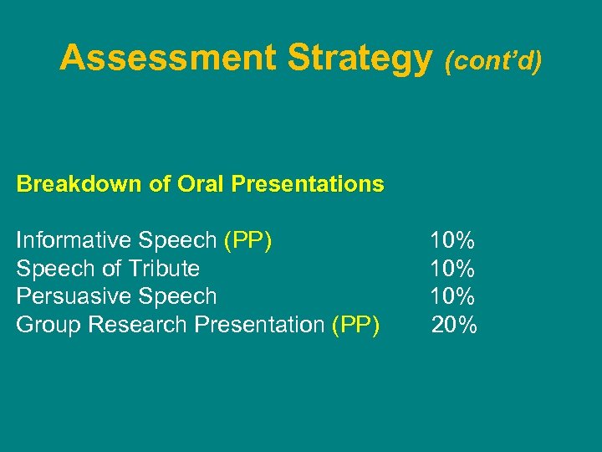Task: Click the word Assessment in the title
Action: (x=167, y=58)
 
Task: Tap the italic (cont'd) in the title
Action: (x=493, y=60)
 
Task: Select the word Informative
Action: (x=74, y=241)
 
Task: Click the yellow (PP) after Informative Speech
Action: (x=247, y=241)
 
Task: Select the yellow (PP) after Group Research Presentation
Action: (x=355, y=325)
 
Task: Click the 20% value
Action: (x=454, y=325)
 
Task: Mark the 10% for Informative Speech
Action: (x=452, y=241)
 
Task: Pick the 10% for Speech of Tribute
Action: (x=452, y=269)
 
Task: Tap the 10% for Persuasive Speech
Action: (x=452, y=296)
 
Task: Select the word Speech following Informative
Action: (x=177, y=241)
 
